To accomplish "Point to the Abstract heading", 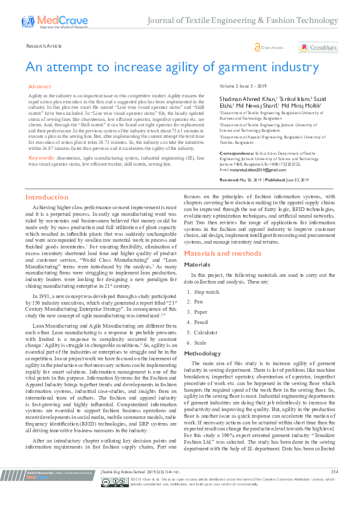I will [x=41, y=87].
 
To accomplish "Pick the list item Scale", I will [x=201, y=343].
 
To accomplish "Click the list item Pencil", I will [x=203, y=323].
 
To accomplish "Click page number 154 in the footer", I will [x=335, y=488].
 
